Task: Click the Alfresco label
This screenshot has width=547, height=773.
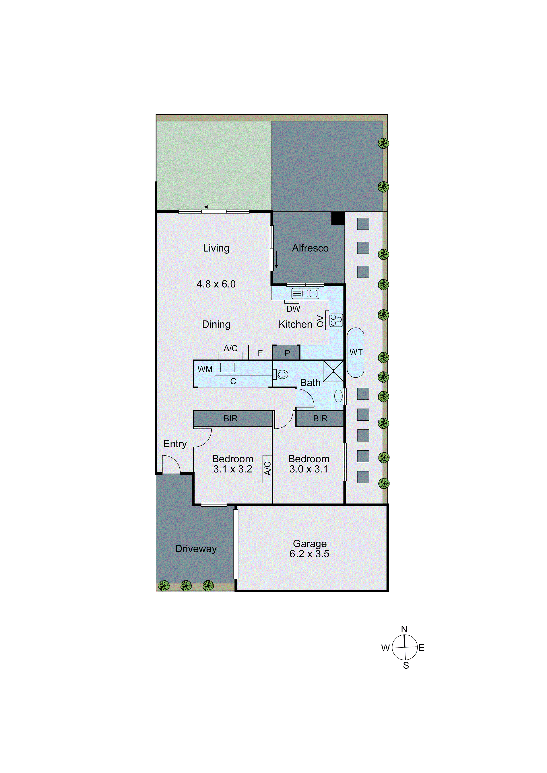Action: click(310, 248)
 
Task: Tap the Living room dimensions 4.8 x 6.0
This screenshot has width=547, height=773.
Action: click(216, 284)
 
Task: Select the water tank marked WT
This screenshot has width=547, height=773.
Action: click(356, 353)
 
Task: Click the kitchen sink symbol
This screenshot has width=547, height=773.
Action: click(305, 293)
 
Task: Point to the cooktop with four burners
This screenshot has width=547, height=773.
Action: click(336, 320)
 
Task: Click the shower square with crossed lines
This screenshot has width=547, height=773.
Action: click(333, 371)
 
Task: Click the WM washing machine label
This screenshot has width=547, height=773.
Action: click(205, 369)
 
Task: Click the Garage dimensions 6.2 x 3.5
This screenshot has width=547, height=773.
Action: click(309, 554)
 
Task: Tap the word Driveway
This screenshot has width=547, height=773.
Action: click(196, 549)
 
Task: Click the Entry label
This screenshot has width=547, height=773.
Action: click(175, 444)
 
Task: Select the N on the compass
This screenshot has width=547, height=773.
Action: click(404, 629)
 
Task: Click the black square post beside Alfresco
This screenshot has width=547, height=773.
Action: click(338, 218)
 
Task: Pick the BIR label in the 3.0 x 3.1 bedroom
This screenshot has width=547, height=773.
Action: click(320, 418)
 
